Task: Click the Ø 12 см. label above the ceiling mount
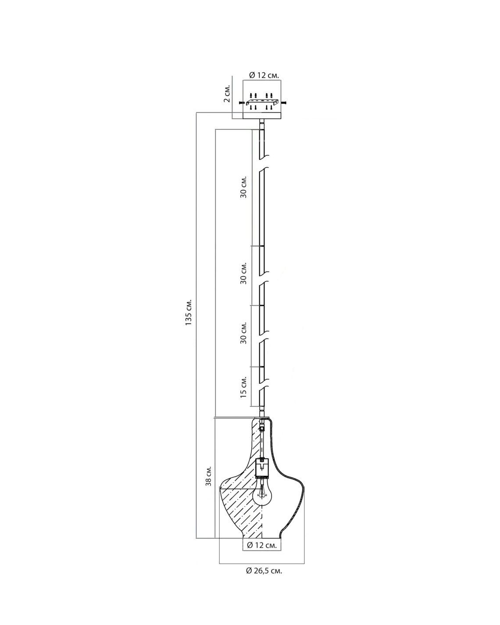[x=264, y=75]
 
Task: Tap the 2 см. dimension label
[x=227, y=93]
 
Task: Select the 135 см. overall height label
[x=189, y=312]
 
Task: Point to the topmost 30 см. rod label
[x=243, y=187]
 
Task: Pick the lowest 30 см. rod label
[x=243, y=332]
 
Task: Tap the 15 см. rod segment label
[x=243, y=387]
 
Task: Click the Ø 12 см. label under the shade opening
[x=261, y=546]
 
